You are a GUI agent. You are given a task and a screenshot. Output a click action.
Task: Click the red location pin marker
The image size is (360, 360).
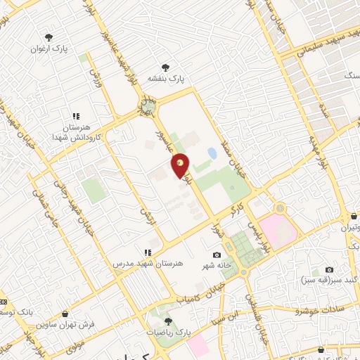tap(181, 165)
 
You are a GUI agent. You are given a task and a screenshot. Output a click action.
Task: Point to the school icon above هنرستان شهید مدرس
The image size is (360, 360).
tap(147, 252)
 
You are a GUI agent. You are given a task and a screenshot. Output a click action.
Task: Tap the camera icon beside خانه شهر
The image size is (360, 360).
tap(217, 255)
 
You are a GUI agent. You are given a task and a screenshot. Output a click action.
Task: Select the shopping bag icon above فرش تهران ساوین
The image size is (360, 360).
tap(65, 314)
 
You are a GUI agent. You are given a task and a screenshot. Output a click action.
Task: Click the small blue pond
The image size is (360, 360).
tap(212, 152)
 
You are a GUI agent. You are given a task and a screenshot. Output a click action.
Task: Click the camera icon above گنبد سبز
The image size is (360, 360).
tap(329, 270)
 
